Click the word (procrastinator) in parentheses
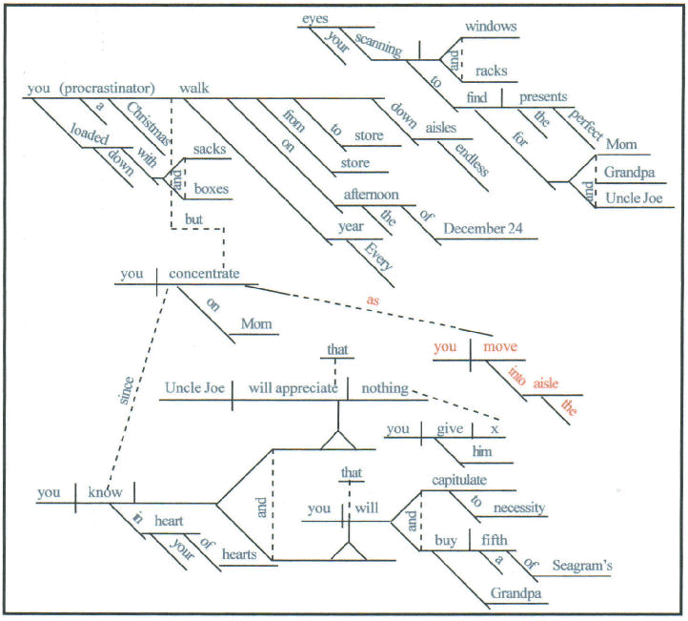click(111, 89)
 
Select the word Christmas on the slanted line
click(149, 125)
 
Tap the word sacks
click(209, 149)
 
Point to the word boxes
click(211, 189)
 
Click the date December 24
click(488, 229)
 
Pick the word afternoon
click(372, 195)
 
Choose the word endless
click(472, 159)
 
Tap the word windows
click(491, 26)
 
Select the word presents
click(544, 95)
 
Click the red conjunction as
click(374, 300)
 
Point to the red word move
click(500, 347)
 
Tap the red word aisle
click(544, 383)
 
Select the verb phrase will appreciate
click(293, 388)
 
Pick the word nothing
click(384, 388)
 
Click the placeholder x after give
click(494, 430)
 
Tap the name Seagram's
click(581, 565)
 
